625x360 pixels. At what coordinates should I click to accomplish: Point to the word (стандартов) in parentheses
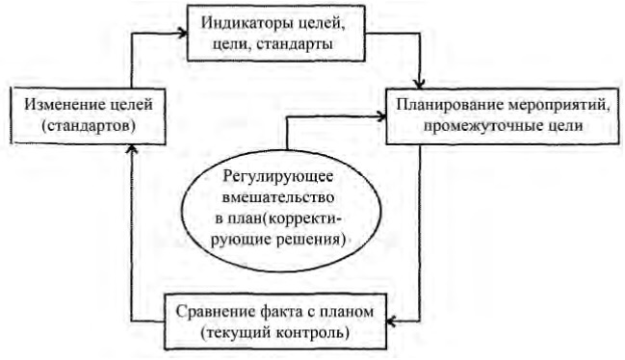pos(74,125)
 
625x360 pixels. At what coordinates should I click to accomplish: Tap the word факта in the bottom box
pos(277,312)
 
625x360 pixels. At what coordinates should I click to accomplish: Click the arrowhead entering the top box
pos(180,32)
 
